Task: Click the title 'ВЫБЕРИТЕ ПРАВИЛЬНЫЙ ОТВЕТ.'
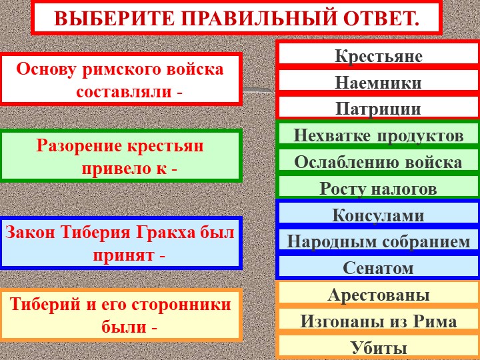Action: click(x=237, y=18)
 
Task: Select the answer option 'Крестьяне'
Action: click(x=378, y=56)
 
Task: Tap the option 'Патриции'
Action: click(x=378, y=108)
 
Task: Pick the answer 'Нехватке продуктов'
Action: click(x=378, y=135)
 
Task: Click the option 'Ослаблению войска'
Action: click(x=378, y=162)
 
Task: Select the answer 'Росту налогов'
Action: click(x=378, y=189)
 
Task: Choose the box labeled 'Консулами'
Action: click(x=378, y=215)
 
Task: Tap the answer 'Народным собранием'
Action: click(x=378, y=241)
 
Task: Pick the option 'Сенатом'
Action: click(x=378, y=268)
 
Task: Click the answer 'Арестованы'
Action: click(x=378, y=295)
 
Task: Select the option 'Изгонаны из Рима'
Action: click(x=378, y=321)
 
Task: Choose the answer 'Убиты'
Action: click(x=378, y=347)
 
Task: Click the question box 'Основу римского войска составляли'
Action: click(x=120, y=79)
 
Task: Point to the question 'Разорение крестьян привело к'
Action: click(x=120, y=157)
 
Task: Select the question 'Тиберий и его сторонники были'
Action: click(x=120, y=315)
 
